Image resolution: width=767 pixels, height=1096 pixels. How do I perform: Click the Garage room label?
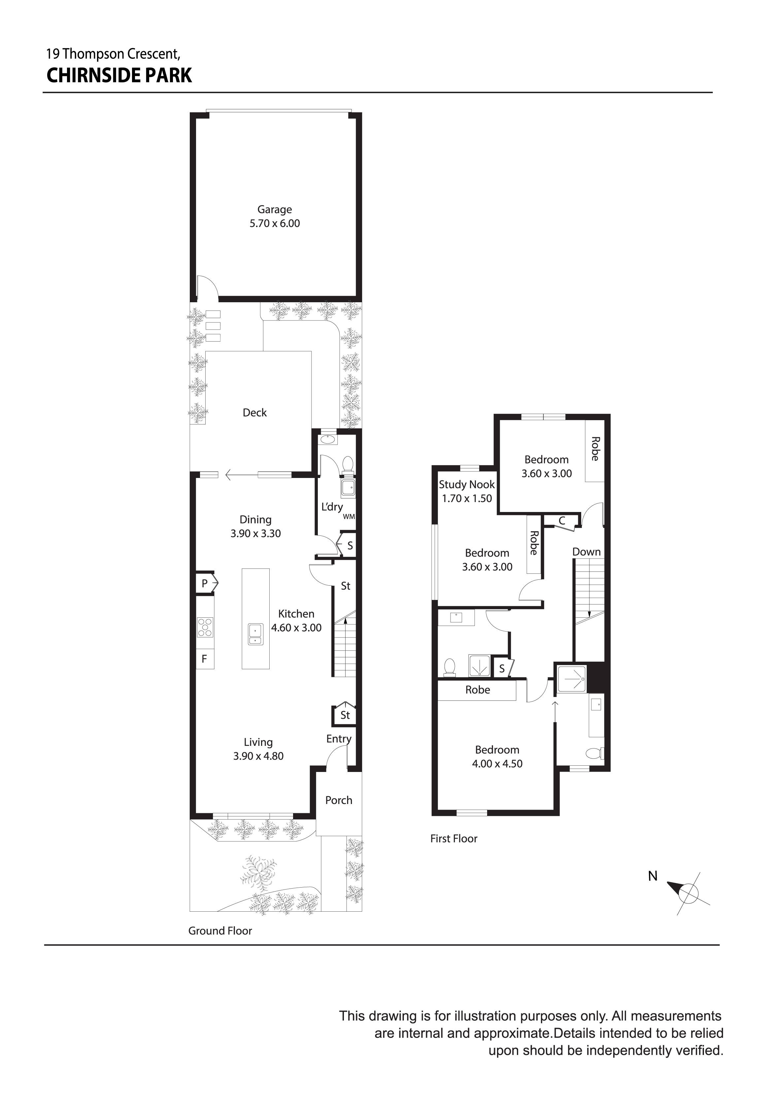(274, 209)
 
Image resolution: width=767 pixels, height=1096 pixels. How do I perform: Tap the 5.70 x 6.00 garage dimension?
(274, 223)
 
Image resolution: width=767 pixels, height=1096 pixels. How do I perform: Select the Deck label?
(255, 413)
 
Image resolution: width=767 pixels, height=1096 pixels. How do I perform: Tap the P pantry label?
(204, 583)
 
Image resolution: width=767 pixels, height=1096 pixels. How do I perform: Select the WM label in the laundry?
(349, 517)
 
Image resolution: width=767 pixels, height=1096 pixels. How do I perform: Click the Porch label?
(339, 800)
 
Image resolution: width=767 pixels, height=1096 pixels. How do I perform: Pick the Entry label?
(339, 739)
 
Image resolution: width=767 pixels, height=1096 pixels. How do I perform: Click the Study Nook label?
(466, 485)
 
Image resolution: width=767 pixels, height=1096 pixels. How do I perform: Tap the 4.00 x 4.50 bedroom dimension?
(497, 763)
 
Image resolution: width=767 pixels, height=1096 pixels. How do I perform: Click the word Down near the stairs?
(586, 552)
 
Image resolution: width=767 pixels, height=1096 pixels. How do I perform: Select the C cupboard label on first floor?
(562, 521)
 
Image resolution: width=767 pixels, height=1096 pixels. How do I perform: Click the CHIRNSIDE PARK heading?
(119, 75)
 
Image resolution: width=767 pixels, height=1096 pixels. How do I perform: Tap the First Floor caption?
(453, 839)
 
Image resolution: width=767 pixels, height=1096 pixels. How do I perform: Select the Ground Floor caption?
(220, 931)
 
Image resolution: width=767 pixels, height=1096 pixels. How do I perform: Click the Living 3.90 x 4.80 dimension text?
(258, 756)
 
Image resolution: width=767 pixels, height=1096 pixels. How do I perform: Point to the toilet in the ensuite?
(594, 753)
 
